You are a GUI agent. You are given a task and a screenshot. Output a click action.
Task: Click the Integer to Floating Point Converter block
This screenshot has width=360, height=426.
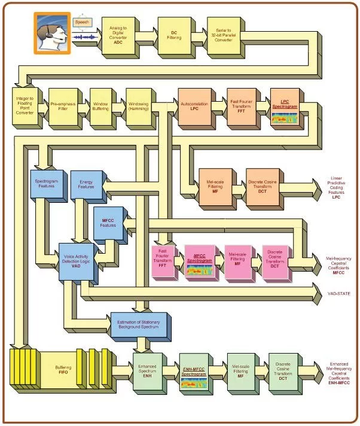(25, 105)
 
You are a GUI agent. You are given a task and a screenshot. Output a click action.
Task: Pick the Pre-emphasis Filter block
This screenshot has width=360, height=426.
(62, 105)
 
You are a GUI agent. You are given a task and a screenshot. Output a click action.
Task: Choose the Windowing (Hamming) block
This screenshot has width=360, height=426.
(138, 105)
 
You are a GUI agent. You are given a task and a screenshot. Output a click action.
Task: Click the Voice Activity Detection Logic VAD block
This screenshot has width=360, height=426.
(75, 262)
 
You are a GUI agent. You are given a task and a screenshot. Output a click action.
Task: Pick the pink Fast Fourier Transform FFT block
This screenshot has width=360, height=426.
(163, 261)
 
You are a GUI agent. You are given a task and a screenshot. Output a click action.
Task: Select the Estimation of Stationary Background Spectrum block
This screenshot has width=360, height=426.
(139, 326)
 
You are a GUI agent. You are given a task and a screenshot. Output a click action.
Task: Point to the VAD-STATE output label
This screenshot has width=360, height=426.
(338, 294)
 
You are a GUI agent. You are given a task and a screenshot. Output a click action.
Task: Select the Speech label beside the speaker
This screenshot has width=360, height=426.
(82, 22)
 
